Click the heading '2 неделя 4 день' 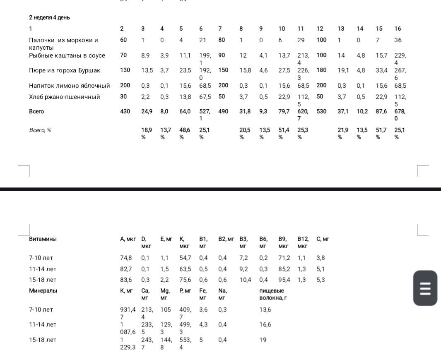coord(49,17)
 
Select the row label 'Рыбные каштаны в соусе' coord(67,55)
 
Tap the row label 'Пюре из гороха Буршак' coord(65,70)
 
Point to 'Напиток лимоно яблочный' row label coord(70,86)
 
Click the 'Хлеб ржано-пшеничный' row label coord(65,97)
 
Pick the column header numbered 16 coord(398,29)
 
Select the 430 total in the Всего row coord(125,111)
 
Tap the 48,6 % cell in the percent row coord(185,133)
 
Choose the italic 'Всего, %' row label coord(40,130)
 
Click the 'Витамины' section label coord(43,239)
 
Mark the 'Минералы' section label coord(43,290)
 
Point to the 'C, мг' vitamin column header coord(323,239)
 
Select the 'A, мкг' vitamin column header coord(128,239)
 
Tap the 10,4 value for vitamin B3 coord(245,280)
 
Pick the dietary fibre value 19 coord(263,340)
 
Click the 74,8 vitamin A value coord(126,258)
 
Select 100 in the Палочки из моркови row coord(321,40)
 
